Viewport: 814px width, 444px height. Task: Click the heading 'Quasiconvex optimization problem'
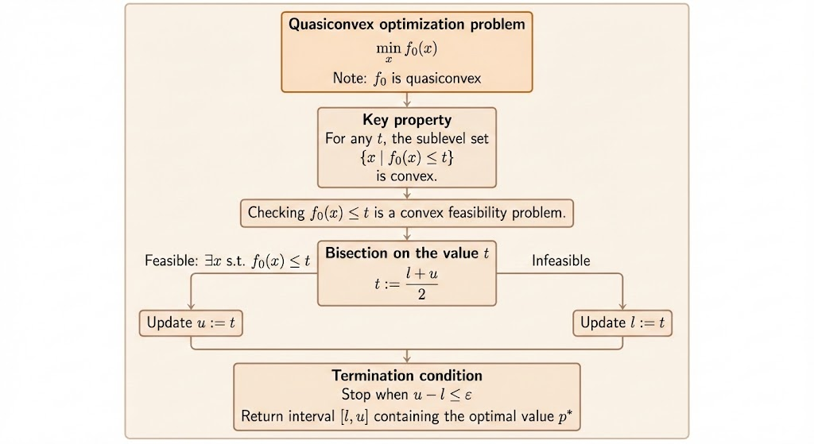coord(406,25)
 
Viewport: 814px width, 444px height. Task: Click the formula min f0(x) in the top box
coord(406,50)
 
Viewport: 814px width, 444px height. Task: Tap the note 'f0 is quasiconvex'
coord(406,78)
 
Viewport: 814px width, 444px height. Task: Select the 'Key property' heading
coord(406,121)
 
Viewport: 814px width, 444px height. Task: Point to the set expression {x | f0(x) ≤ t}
coord(406,157)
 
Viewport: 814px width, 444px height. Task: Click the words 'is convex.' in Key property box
coord(406,176)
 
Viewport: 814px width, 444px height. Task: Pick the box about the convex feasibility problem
coord(406,213)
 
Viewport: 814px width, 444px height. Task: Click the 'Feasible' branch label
coord(227,261)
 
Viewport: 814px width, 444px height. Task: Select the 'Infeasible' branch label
coord(560,261)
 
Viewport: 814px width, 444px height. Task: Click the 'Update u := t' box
coord(192,322)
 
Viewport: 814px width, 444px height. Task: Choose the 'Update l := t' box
coord(622,322)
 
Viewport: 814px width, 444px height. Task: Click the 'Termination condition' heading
coord(406,376)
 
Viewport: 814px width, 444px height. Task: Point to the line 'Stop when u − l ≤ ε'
coord(406,395)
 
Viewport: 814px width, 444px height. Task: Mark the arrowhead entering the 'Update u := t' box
coord(192,307)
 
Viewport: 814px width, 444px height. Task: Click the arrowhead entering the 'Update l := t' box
coord(622,307)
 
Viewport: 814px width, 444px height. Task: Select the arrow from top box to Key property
coord(406,99)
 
